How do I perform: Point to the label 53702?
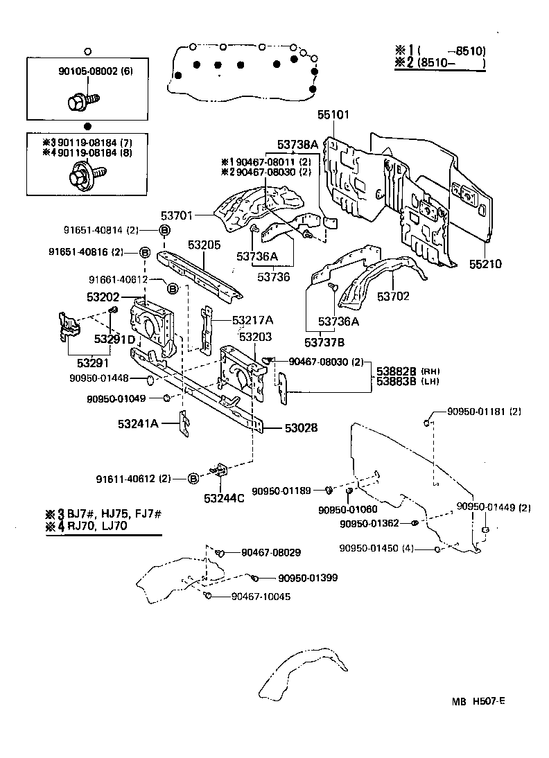tap(393, 296)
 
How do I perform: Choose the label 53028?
tap(300, 428)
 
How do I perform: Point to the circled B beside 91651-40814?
tap(165, 231)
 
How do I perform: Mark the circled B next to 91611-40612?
tap(194, 479)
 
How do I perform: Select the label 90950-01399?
tap(308, 578)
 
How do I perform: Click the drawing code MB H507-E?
tap(479, 700)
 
